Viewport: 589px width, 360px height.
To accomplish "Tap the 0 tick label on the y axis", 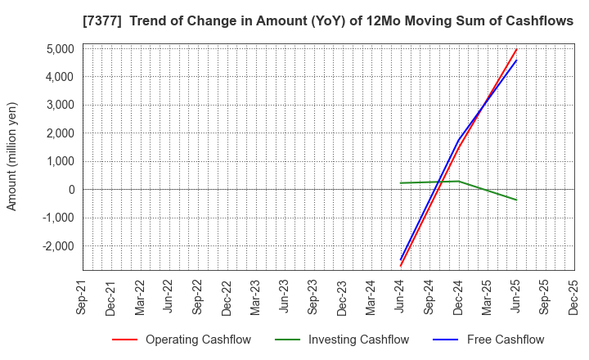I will (x=71, y=190).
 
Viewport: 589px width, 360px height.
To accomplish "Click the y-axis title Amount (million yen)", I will (x=12, y=156).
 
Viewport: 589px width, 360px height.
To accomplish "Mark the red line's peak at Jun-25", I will (x=516, y=49).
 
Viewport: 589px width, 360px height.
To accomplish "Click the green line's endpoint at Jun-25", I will (x=516, y=200).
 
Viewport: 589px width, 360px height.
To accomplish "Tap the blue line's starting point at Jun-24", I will (x=401, y=259).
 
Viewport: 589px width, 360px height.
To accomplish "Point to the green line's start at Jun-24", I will (x=401, y=183).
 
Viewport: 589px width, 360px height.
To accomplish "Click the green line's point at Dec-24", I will (x=458, y=182).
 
